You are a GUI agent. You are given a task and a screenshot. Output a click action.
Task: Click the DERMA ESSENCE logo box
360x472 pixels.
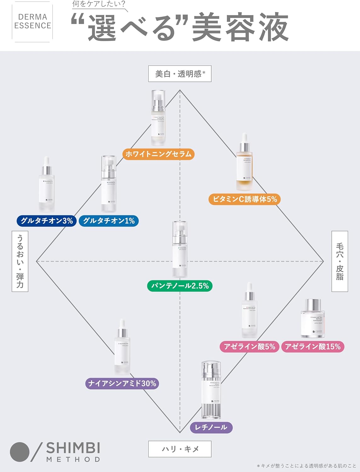click(x=32, y=21)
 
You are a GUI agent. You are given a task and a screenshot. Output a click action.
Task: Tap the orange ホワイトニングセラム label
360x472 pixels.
click(x=158, y=154)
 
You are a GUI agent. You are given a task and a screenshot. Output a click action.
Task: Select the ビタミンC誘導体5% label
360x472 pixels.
click(x=245, y=199)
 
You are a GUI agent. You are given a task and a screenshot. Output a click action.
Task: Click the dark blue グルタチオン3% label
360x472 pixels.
click(x=47, y=221)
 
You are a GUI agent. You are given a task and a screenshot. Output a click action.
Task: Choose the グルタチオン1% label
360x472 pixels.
click(x=109, y=221)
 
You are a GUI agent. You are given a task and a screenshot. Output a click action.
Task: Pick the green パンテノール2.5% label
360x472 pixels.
click(x=180, y=286)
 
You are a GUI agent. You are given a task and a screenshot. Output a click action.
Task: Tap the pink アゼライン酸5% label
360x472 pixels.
click(x=249, y=347)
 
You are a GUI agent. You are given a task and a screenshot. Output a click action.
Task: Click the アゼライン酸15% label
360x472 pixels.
click(x=313, y=347)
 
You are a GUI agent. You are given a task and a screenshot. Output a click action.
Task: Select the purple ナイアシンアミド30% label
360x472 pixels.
click(x=122, y=384)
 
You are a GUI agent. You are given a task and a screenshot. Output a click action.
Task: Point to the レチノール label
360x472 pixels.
click(x=211, y=427)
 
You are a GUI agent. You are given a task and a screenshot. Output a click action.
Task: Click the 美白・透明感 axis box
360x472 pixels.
click(x=180, y=74)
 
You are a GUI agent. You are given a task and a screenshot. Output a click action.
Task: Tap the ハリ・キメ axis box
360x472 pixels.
click(x=180, y=449)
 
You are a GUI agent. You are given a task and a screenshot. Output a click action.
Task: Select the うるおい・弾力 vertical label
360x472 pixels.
click(x=20, y=261)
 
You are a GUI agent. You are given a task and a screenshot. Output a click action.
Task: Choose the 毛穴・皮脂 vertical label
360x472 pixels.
click(x=340, y=261)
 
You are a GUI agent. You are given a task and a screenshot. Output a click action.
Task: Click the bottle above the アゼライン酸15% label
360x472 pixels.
click(x=312, y=318)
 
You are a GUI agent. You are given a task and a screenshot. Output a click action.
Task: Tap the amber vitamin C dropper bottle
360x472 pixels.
click(x=244, y=164)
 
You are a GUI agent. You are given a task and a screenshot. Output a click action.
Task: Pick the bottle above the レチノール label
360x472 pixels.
click(x=211, y=390)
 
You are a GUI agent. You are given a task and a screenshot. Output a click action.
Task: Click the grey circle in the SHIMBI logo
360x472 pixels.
click(x=20, y=452)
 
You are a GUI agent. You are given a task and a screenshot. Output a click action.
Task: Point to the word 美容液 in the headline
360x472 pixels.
click(x=240, y=28)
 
